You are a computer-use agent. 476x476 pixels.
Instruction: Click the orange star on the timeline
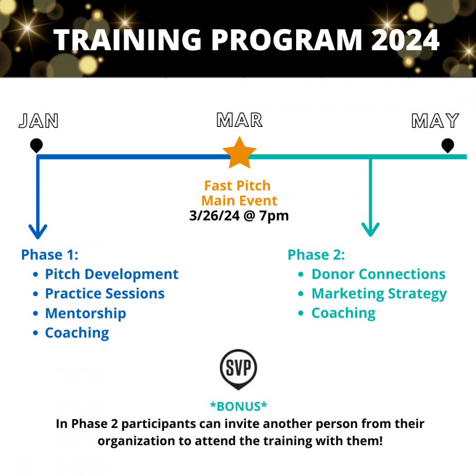(240, 153)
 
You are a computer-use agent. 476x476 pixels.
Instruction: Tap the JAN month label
(39, 121)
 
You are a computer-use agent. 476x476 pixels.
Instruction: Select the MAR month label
(240, 120)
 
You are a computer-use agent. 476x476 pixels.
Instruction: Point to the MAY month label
(435, 121)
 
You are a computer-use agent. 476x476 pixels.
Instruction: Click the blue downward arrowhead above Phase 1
(38, 232)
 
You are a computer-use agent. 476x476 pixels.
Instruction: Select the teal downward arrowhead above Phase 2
(370, 230)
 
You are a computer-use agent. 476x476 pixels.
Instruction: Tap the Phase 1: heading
(50, 255)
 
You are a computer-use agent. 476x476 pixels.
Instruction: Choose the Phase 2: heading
(316, 255)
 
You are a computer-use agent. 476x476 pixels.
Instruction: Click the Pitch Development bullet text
(112, 274)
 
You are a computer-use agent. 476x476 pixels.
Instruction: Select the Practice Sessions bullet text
(105, 294)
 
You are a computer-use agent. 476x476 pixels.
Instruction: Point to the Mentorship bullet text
(86, 314)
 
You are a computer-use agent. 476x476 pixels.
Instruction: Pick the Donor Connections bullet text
(379, 274)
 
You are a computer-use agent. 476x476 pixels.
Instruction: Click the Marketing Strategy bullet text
(379, 294)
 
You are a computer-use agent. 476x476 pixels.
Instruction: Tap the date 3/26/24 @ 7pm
(239, 216)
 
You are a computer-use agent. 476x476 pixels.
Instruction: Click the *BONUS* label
(239, 407)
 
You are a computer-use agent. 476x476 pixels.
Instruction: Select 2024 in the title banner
(405, 40)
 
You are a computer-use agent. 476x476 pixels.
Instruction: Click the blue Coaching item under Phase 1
(77, 333)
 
